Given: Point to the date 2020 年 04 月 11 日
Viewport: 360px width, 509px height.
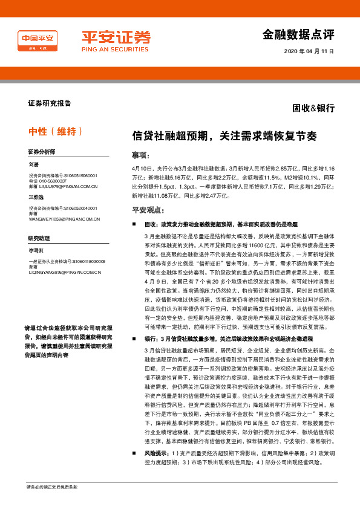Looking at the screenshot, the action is point(309,51).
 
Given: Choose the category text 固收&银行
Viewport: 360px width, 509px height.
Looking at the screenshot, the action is point(313,108).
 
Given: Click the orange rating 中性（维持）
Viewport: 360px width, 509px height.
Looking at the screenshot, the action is point(55,132).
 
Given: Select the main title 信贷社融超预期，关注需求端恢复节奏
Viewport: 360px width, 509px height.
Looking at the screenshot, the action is point(224,136).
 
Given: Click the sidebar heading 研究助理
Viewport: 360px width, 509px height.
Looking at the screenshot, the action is point(38,238).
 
